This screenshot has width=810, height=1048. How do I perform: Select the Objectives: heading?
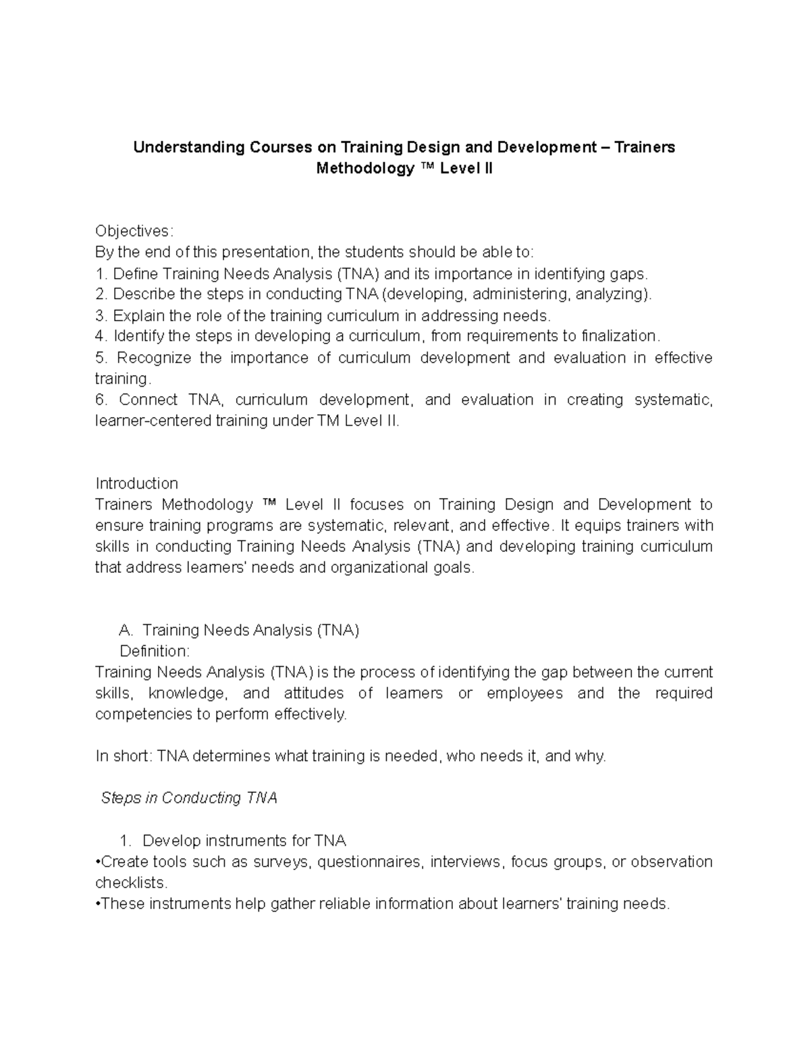(x=134, y=231)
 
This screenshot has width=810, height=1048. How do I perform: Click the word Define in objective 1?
(x=135, y=274)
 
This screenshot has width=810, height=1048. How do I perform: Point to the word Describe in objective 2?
(x=141, y=294)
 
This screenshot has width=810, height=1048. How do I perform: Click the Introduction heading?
(x=136, y=484)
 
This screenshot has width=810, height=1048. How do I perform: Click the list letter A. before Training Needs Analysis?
(x=126, y=631)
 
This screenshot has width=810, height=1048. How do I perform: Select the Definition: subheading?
(x=155, y=652)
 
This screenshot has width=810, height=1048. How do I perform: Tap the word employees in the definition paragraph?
(x=524, y=694)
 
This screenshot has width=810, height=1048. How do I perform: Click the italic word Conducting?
(x=201, y=798)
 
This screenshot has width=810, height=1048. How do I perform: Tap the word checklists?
(x=130, y=883)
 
